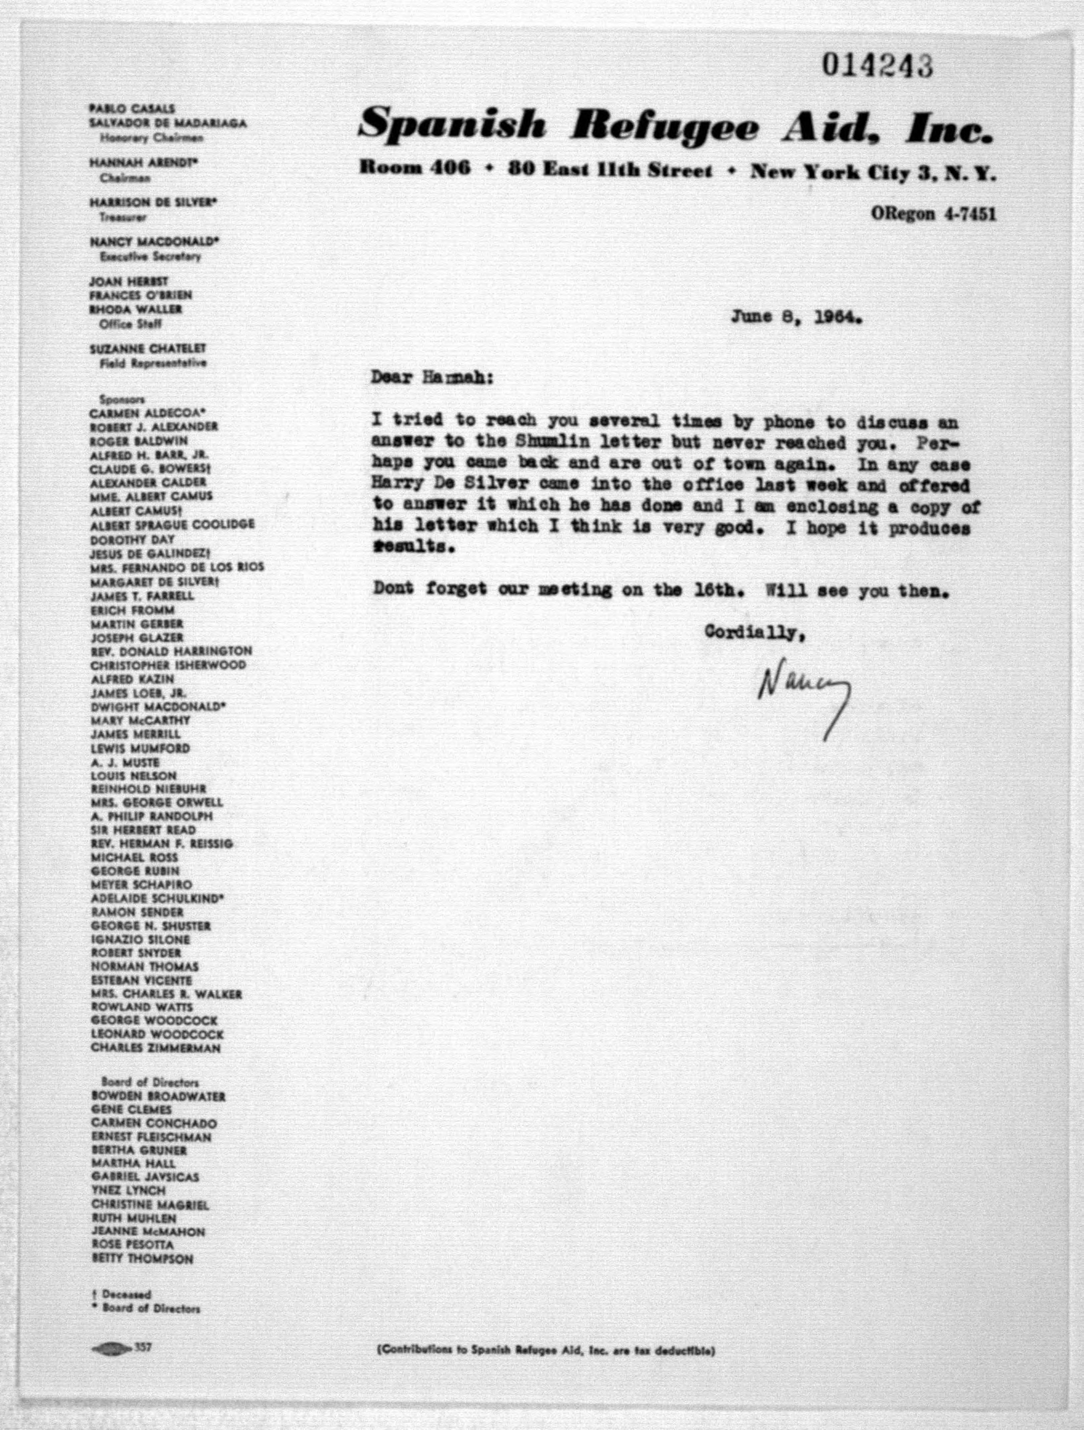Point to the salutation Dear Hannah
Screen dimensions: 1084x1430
(432, 378)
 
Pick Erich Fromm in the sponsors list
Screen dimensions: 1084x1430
(132, 609)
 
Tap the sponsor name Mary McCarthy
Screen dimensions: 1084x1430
(140, 720)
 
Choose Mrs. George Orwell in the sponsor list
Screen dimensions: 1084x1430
(157, 802)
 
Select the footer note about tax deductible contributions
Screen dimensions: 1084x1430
(545, 1350)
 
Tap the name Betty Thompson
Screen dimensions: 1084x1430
(142, 1259)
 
